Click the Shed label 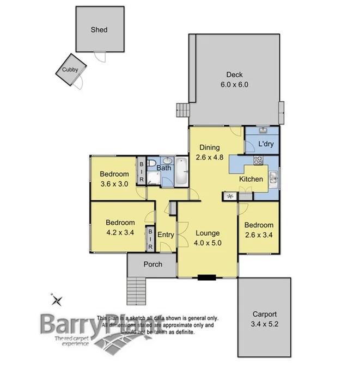[99, 30]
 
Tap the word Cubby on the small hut [69, 70]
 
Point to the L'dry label [265, 144]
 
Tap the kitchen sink [273, 176]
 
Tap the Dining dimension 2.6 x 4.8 [209, 157]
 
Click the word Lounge [207, 233]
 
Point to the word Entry [166, 235]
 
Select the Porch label [152, 264]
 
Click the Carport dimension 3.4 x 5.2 [264, 323]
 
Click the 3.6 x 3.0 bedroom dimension [114, 183]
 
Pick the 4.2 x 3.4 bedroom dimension [120, 232]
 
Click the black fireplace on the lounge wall [207, 278]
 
